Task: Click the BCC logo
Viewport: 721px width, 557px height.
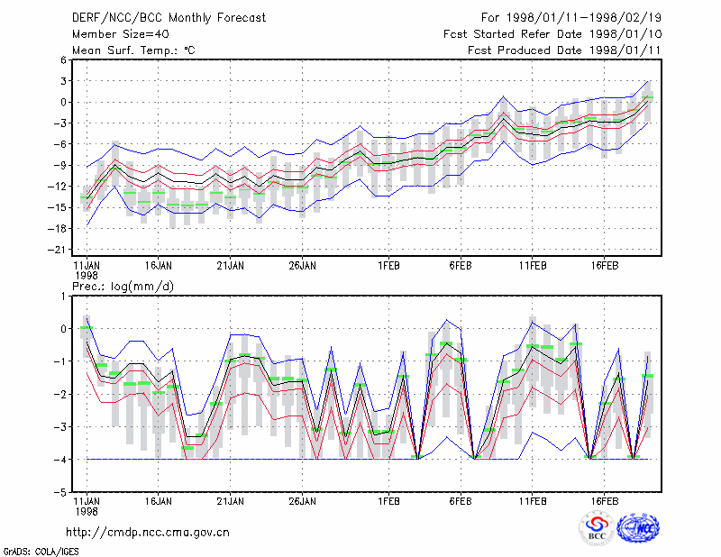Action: tap(597, 528)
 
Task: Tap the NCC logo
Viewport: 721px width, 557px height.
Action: tap(638, 528)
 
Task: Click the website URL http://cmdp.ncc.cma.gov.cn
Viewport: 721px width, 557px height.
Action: tap(148, 533)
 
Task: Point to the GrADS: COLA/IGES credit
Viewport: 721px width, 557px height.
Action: tap(41, 552)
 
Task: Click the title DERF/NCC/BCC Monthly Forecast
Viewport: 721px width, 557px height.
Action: tap(169, 18)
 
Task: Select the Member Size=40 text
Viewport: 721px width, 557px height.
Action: tap(121, 34)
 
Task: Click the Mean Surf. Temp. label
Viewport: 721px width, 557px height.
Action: tap(133, 50)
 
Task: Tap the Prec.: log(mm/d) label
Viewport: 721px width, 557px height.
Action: tap(123, 287)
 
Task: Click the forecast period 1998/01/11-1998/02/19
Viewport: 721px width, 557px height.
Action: tap(571, 18)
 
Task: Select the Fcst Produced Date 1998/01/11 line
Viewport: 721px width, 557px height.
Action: tap(565, 50)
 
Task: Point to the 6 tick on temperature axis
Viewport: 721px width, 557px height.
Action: tap(63, 59)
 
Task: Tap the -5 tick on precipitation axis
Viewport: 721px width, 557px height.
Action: tap(60, 492)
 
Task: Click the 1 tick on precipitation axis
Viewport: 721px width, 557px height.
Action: tap(63, 296)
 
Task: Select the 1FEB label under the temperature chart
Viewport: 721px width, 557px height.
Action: tap(388, 266)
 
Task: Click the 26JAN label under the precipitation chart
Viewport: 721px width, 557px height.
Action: tap(302, 501)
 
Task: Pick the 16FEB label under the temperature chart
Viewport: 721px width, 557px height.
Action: tap(604, 266)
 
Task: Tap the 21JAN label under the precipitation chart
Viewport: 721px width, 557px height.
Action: tap(231, 501)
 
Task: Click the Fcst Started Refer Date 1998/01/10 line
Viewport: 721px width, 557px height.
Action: tap(552, 34)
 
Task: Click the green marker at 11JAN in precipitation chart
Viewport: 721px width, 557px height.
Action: tap(87, 327)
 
